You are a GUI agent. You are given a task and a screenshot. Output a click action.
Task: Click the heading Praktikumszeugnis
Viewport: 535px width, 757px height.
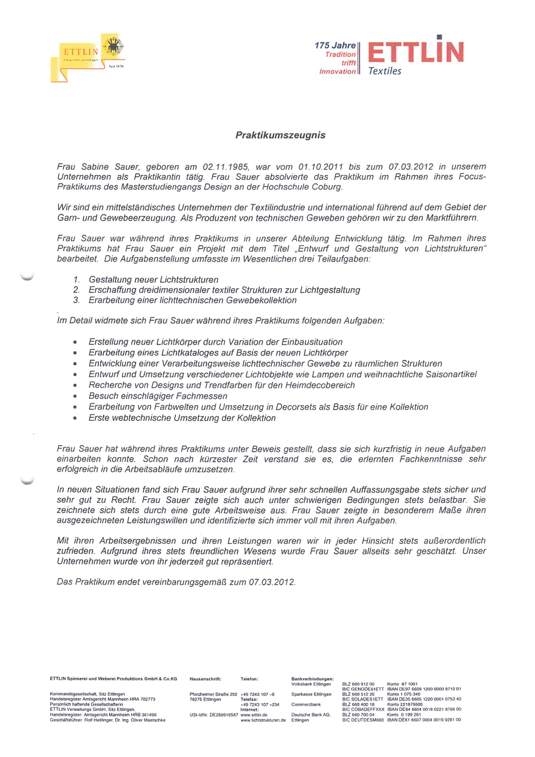tap(280, 135)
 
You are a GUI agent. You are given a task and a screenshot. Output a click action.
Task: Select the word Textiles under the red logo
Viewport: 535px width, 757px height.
tap(384, 71)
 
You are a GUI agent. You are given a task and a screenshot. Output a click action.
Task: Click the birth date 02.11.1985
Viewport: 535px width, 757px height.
tap(226, 166)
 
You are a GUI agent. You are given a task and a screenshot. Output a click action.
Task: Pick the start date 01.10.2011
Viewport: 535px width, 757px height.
tap(324, 166)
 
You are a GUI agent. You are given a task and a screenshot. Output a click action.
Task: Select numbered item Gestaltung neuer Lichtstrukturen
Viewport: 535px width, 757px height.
tap(154, 279)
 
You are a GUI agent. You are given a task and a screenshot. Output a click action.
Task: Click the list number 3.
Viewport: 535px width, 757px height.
tap(76, 300)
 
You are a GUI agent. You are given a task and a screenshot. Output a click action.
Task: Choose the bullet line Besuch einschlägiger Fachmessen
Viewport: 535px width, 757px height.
tap(158, 396)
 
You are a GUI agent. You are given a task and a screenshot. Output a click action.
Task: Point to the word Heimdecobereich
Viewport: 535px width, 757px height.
tap(323, 385)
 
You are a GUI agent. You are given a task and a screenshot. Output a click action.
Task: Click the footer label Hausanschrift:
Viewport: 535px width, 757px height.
tap(206, 679)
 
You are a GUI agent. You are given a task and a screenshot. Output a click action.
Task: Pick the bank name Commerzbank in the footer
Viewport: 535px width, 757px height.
tap(306, 704)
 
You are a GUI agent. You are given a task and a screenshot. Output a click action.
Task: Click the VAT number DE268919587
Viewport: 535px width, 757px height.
tap(220, 715)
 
